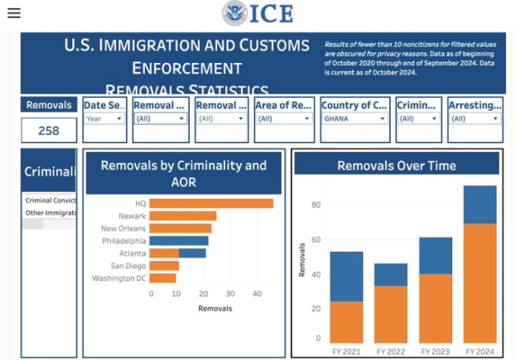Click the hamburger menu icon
point(13,12)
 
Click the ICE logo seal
point(234,13)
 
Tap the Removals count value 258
point(49,130)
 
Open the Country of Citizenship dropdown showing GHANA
point(354,118)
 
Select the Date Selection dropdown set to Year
point(104,118)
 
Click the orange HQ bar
point(211,204)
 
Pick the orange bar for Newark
point(183,216)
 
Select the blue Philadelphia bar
point(180,241)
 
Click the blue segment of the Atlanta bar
point(192,253)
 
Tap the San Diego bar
point(164,266)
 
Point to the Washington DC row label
point(118,278)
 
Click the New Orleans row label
point(123,228)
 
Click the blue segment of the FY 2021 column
point(346,276)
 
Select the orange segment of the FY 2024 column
point(480,281)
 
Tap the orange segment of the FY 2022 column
point(391,314)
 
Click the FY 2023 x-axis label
point(435,352)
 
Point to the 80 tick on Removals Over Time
point(316,204)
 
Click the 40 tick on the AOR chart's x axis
point(256,294)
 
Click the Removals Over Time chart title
point(396,166)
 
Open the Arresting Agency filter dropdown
point(475,118)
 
